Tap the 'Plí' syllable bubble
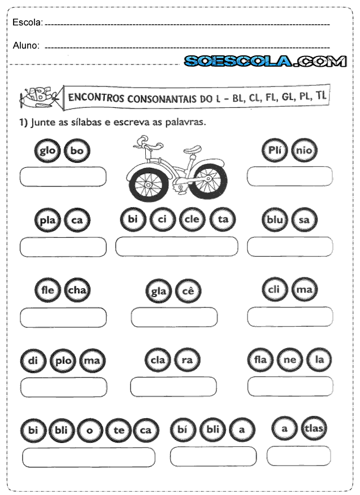275,150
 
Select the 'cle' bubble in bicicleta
192,219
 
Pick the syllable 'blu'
275,220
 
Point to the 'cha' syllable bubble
76,290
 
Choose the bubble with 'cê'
188,292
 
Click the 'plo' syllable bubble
62,361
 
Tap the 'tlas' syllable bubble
313,428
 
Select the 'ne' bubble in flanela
290,359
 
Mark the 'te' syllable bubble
119,430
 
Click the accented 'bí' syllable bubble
183,429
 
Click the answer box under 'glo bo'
63,176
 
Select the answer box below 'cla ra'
173,387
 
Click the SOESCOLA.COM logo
265,61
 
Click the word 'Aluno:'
26,46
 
